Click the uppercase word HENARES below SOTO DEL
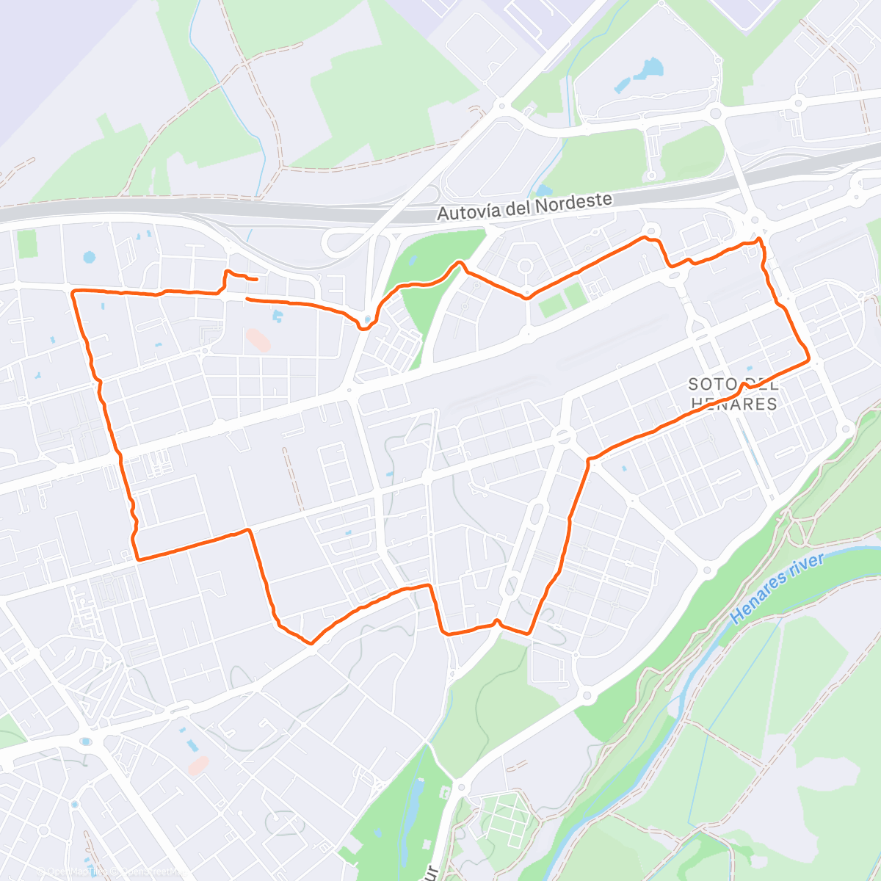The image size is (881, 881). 733,404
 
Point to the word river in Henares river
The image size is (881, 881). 804,569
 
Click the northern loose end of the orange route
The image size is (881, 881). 255,280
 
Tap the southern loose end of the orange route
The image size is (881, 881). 247,299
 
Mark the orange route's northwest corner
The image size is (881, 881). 73,292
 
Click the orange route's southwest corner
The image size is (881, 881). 137,559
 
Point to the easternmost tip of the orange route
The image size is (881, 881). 808,359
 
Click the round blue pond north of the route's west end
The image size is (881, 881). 90,258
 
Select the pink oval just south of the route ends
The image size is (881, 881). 258,340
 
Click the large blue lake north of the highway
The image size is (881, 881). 649,70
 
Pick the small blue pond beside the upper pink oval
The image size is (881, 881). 278,316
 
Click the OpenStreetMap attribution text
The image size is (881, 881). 151,871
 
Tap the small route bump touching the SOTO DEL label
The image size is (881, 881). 744,383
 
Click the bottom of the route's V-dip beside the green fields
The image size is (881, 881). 526,297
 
